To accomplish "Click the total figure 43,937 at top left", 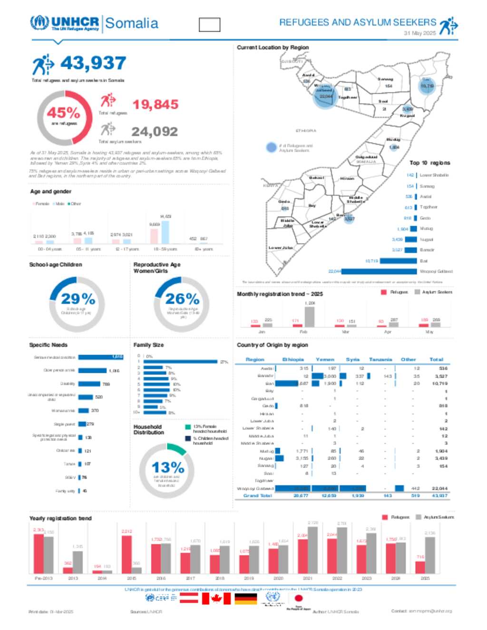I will click(x=93, y=63).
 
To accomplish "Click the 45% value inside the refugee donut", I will click(x=63, y=113).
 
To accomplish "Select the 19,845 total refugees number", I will click(x=156, y=105).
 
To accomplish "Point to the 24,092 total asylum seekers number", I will click(x=155, y=132).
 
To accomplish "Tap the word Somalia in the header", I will click(x=132, y=23).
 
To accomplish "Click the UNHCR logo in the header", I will click(x=65, y=23).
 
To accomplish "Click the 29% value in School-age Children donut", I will click(x=78, y=299).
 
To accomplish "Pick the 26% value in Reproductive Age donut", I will click(x=182, y=299).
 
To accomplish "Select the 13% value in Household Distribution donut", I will click(x=168, y=468).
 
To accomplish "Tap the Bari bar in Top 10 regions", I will click(x=398, y=261).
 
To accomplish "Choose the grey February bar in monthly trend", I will click(x=310, y=317).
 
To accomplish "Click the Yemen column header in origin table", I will click(x=325, y=359).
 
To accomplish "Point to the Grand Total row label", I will click(x=258, y=495).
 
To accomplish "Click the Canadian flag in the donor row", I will click(x=216, y=598).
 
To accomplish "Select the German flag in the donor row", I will click(x=245, y=598).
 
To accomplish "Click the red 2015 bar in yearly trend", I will click(x=127, y=554).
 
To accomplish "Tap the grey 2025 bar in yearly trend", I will click(x=430, y=555).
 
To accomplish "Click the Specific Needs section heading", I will click(x=49, y=345).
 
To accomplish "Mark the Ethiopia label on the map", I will click(x=306, y=131).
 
